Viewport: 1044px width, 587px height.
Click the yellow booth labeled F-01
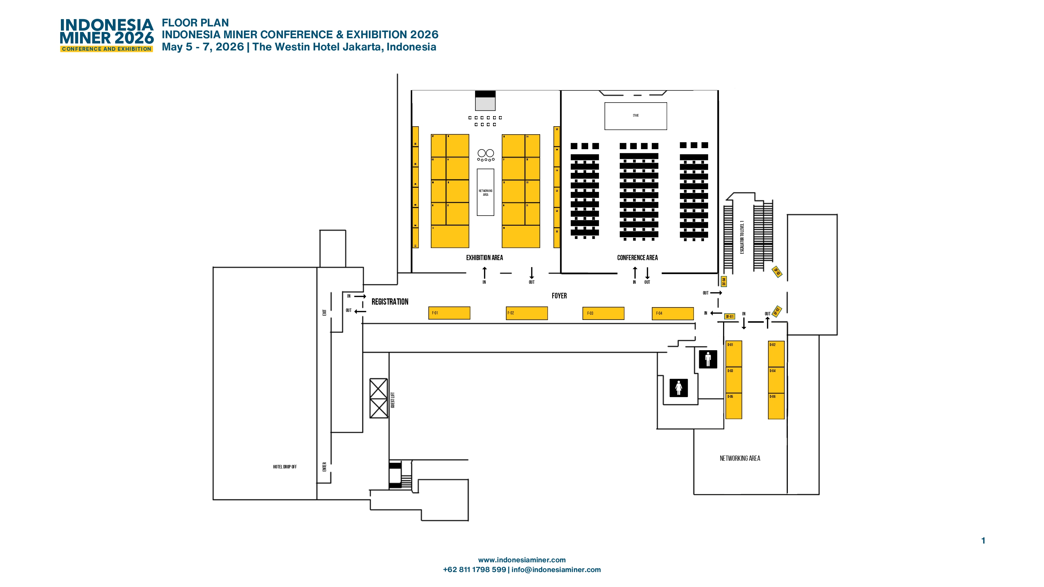click(x=449, y=313)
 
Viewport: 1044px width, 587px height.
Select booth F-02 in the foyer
click(x=527, y=313)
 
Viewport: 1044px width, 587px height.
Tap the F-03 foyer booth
click(x=603, y=313)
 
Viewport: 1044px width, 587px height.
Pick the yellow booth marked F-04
click(x=672, y=314)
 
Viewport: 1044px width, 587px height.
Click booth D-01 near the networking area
click(x=733, y=354)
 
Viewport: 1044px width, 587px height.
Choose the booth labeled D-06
click(x=776, y=406)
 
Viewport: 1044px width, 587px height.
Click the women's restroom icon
click(x=679, y=388)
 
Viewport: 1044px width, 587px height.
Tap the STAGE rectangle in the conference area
click(x=635, y=116)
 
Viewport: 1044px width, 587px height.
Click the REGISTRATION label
click(x=389, y=302)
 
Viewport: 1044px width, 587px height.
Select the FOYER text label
click(x=559, y=296)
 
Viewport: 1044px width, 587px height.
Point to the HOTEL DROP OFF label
click(x=285, y=467)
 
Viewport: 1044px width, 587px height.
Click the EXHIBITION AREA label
click(x=484, y=258)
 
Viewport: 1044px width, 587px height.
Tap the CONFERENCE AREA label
click(x=637, y=258)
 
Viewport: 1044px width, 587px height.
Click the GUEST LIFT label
click(x=392, y=400)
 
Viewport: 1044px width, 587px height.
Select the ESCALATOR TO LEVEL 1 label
click(x=742, y=238)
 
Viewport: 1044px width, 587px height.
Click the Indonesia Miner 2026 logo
click(x=106, y=35)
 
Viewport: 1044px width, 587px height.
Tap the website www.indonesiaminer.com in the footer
click(x=522, y=560)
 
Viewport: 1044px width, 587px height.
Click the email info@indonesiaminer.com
click(x=556, y=569)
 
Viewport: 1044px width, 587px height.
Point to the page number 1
click(x=983, y=540)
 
